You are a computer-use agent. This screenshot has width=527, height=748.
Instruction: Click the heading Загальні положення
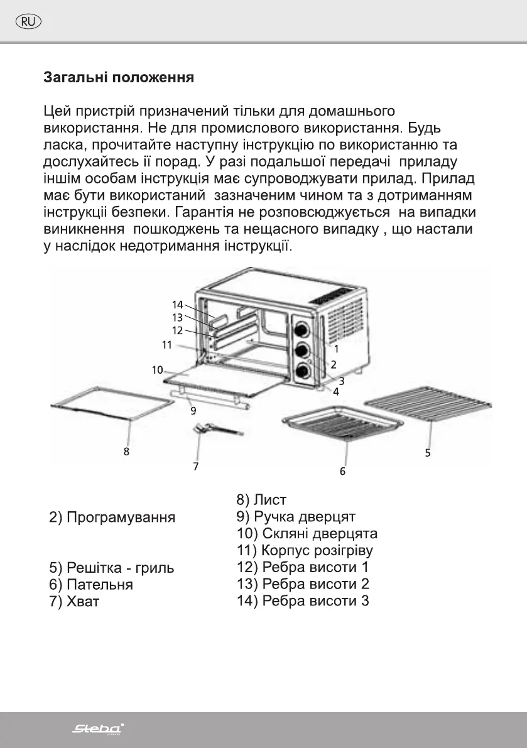118,79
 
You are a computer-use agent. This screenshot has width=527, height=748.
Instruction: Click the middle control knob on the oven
302,350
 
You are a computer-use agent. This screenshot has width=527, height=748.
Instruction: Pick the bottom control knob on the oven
302,371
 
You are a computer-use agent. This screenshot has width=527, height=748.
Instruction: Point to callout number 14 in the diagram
178,305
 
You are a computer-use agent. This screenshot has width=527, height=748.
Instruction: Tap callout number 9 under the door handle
193,411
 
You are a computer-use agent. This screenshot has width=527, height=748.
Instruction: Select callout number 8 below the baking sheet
127,450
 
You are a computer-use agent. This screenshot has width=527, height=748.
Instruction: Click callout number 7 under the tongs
196,466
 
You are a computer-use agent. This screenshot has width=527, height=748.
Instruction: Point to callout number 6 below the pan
343,470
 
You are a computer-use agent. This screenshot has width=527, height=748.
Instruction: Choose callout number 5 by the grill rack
428,452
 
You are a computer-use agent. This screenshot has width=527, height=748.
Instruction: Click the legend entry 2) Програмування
112,518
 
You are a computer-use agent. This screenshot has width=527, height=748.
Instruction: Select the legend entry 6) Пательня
91,585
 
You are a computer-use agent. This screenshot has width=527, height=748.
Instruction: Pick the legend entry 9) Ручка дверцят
296,517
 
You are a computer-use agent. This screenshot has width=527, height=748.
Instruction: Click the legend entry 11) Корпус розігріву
305,551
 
